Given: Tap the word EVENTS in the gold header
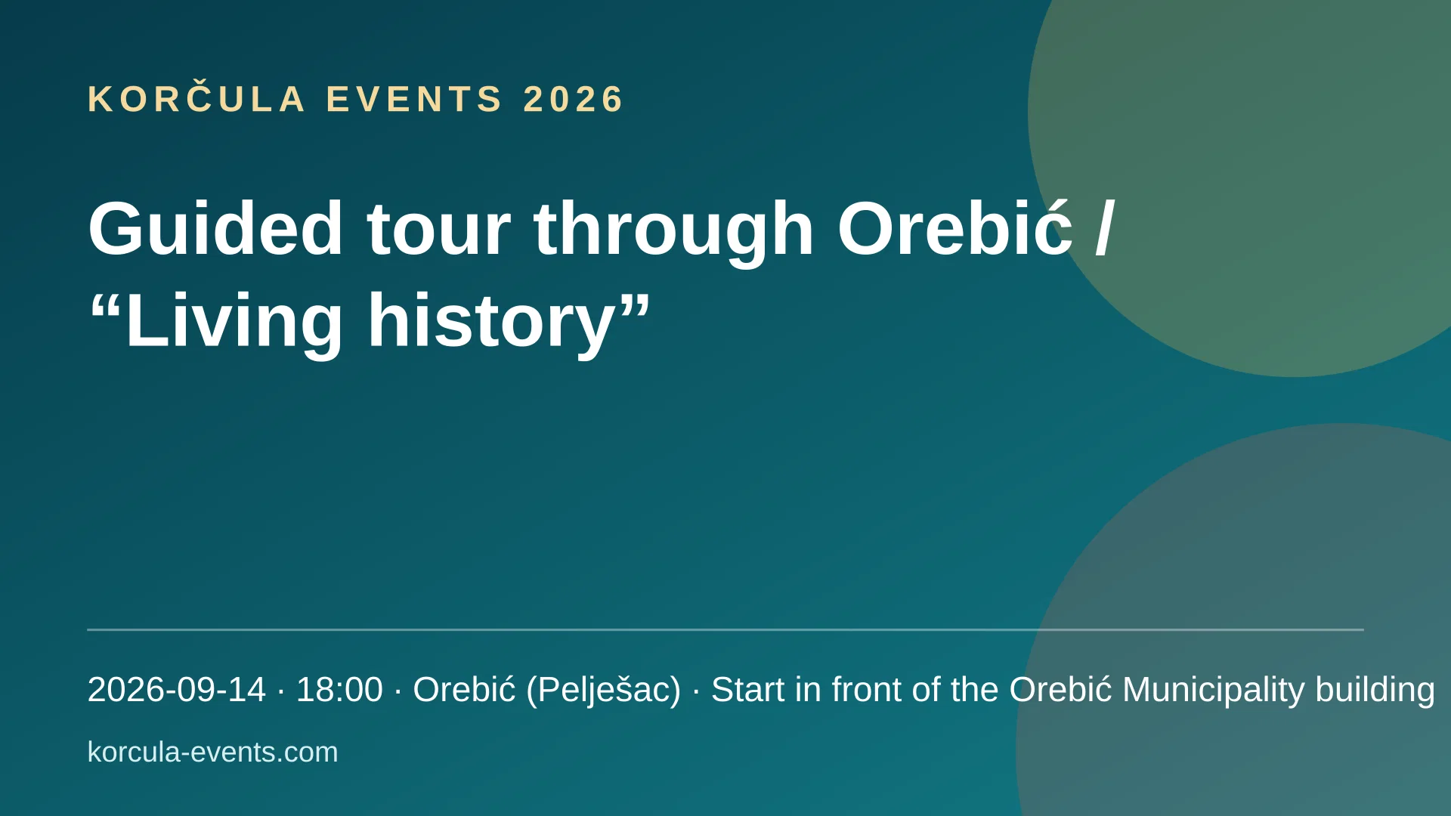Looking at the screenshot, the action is (x=413, y=99).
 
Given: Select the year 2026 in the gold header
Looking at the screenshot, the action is (x=573, y=99).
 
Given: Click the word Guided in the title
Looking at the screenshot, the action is (x=215, y=228).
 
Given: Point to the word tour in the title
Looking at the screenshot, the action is (x=438, y=230).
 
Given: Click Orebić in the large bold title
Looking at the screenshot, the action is (x=954, y=228).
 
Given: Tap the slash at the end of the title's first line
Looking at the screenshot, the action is (x=1104, y=228).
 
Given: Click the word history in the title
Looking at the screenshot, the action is (x=491, y=321).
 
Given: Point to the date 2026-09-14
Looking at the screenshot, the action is (x=177, y=690).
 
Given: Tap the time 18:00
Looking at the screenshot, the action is (x=339, y=690).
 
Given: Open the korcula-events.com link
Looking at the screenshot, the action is (x=213, y=753).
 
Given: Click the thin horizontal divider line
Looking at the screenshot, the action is (x=725, y=629).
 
